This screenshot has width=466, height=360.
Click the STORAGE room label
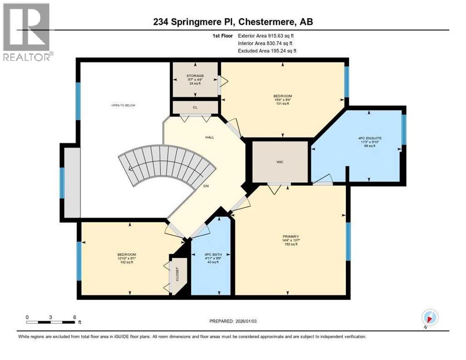click(195, 75)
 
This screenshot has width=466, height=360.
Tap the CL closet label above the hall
click(195, 107)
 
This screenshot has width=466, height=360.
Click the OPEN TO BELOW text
click(123, 105)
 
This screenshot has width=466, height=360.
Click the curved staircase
click(166, 164)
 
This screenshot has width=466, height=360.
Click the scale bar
click(51, 322)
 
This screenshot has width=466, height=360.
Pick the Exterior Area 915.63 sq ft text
click(267, 36)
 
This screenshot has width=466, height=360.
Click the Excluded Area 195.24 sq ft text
click(267, 51)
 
